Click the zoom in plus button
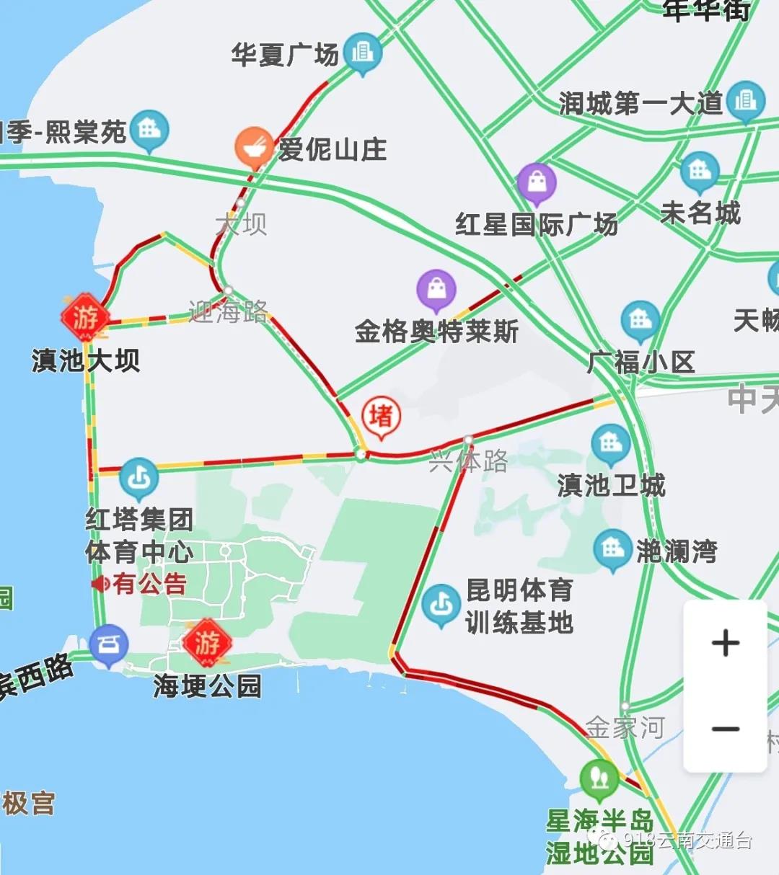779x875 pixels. tap(725, 643)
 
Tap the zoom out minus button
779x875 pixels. tap(725, 729)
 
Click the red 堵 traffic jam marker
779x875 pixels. tap(381, 417)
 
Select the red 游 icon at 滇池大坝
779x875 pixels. tap(85, 317)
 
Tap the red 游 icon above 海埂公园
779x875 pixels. tap(207, 641)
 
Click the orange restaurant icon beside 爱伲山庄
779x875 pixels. tap(253, 146)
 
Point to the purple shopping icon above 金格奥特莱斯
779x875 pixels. tap(436, 290)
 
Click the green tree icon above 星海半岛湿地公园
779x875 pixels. tap(599, 778)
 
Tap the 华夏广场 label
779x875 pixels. tap(285, 54)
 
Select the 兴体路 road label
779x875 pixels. tap(469, 461)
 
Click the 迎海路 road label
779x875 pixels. tap(228, 311)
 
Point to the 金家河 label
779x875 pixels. tap(625, 727)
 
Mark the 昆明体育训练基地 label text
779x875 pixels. tap(519, 606)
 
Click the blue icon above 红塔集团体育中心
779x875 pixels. tap(138, 477)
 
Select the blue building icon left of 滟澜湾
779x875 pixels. tap(612, 549)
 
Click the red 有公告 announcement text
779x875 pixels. tap(149, 583)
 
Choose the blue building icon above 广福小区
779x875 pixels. tap(640, 321)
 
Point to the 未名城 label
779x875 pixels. tap(700, 213)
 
